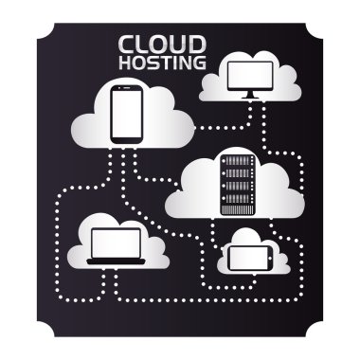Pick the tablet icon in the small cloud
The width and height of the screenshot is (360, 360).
pos(249,256)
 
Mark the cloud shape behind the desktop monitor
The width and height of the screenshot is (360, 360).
pos(214,88)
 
